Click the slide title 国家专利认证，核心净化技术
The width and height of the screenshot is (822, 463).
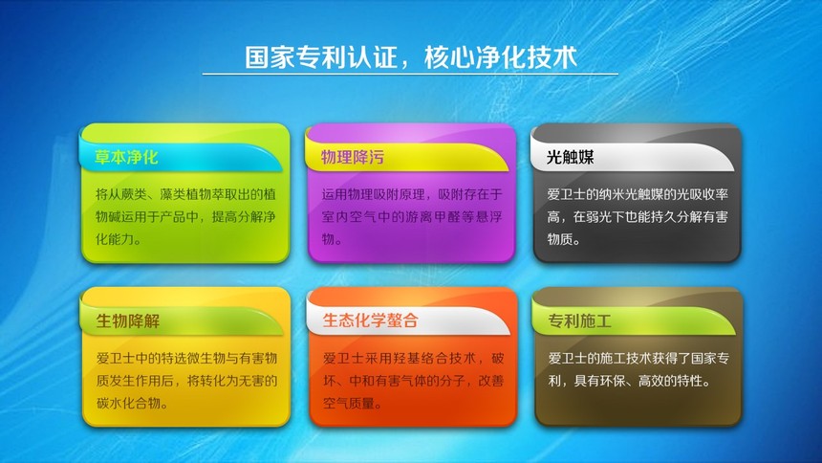coord(411,57)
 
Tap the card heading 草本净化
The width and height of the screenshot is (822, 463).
coord(126,157)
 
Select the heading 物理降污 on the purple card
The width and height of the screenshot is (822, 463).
coord(353,157)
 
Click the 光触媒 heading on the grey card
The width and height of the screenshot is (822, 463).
coord(570,157)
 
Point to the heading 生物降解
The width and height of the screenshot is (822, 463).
coord(128,320)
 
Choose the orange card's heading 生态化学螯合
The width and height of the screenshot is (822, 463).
coord(370,320)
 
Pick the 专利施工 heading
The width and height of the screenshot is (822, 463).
coord(580,320)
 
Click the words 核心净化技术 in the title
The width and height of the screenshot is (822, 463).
coord(501,57)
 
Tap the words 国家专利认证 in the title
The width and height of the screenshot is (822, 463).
coord(321,57)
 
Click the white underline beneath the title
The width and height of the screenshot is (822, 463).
coord(410,74)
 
